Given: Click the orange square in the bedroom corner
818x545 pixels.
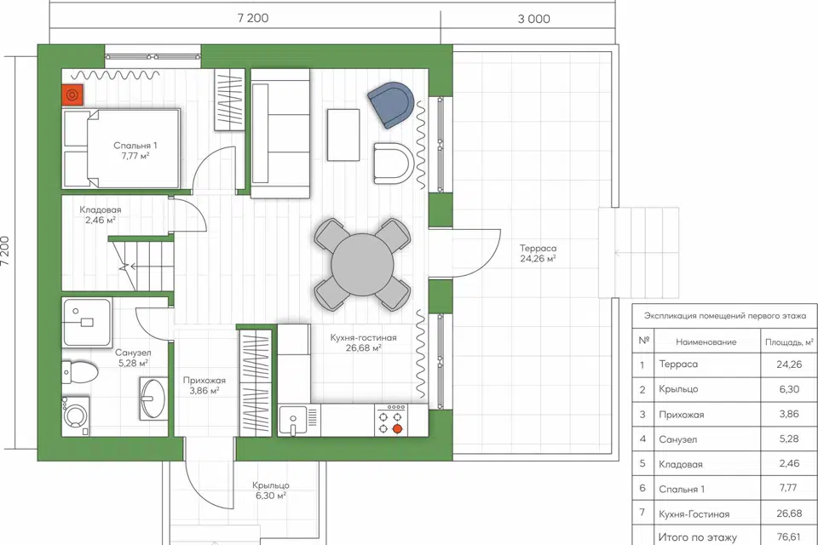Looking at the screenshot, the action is coord(72,95).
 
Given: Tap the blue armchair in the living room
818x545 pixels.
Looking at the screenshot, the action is coord(391,104).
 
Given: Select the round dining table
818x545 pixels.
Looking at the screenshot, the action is coord(363,265).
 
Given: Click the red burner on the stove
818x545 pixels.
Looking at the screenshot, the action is coord(397,429).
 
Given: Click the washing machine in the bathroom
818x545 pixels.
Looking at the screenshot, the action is coord(76,416).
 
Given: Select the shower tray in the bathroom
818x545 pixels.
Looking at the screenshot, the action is coord(87,323).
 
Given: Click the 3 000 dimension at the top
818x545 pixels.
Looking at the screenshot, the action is coord(533,19).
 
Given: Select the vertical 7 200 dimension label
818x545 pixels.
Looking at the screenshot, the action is coord(5,252).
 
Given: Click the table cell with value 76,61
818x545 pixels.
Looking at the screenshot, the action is coord(788,536).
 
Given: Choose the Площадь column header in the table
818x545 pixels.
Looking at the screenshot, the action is coord(789,342).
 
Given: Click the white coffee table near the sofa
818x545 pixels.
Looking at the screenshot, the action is coord(343,135).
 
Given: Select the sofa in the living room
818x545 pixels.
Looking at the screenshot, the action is coord(280,134).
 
